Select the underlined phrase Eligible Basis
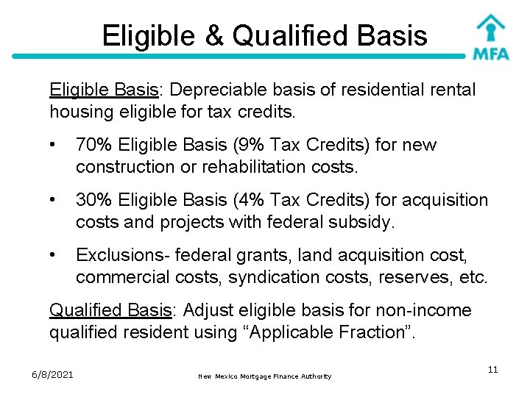[x=102, y=90]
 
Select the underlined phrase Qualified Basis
[x=110, y=310]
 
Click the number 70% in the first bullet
[x=93, y=145]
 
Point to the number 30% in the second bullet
[x=93, y=200]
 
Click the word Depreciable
[x=225, y=90]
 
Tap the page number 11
[x=492, y=370]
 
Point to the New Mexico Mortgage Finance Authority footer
[x=265, y=376]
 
